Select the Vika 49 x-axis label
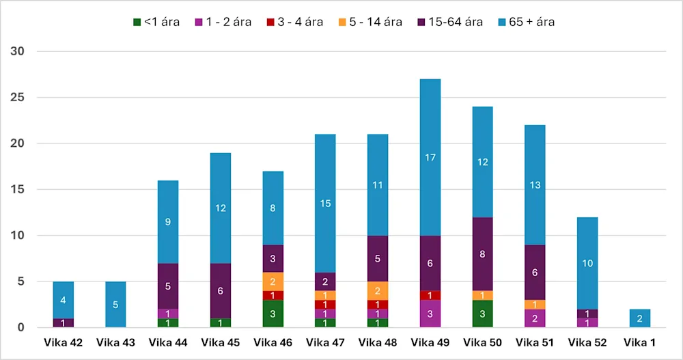point(430,342)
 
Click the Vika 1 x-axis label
point(640,342)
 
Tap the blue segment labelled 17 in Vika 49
point(430,158)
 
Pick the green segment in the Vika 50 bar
point(482,314)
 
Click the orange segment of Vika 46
point(273,281)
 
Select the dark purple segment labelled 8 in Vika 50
point(482,254)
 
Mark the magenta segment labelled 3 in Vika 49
point(430,314)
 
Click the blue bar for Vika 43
point(115,305)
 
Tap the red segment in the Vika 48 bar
point(378,305)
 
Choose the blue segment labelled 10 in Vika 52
point(587,263)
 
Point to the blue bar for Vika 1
point(640,318)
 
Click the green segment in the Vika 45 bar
point(221,323)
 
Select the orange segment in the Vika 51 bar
point(535,305)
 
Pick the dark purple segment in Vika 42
point(63,323)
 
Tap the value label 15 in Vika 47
point(326,203)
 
